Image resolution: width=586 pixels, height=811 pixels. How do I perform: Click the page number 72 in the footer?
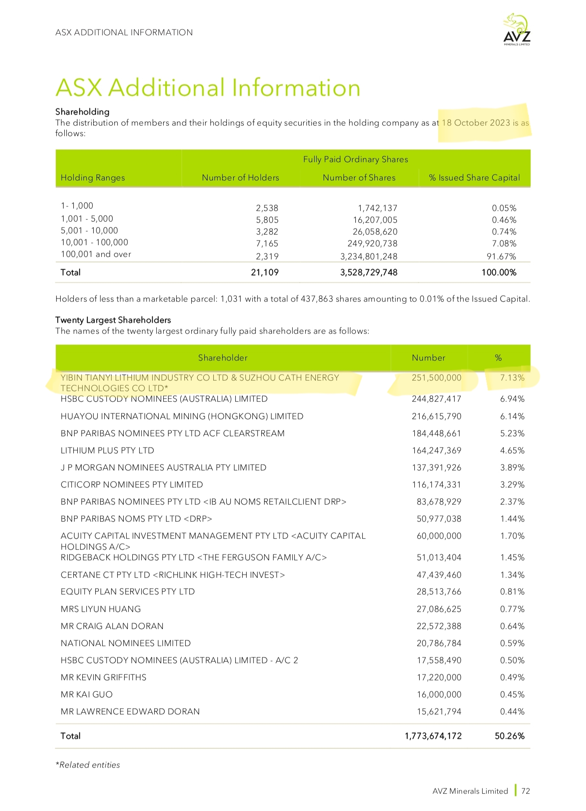click(x=525, y=791)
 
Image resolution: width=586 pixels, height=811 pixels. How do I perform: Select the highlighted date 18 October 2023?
click(x=476, y=123)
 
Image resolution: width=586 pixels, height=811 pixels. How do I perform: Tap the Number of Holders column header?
click(x=240, y=178)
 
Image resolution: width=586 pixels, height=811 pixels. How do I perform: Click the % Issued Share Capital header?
click(x=474, y=178)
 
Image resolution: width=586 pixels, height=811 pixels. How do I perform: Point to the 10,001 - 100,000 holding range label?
click(x=94, y=242)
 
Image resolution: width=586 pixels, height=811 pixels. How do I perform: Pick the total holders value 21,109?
click(x=265, y=273)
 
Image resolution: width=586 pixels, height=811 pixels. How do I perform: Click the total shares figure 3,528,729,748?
click(x=369, y=273)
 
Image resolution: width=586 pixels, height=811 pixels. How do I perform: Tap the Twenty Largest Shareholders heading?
click(x=113, y=320)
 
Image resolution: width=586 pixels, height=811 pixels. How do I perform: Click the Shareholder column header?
click(x=223, y=358)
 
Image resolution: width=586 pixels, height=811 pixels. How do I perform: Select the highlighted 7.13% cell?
click(x=512, y=378)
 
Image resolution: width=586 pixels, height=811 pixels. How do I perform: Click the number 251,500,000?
click(x=436, y=378)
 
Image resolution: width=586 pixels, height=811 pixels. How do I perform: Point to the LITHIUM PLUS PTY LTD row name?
click(x=107, y=451)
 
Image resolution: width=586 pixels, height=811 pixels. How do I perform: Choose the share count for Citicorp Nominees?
click(x=436, y=485)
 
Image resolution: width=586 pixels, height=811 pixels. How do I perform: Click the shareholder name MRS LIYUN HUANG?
click(x=101, y=609)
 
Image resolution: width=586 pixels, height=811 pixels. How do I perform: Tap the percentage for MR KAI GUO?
click(x=512, y=695)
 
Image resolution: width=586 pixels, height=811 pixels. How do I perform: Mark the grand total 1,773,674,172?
click(x=433, y=736)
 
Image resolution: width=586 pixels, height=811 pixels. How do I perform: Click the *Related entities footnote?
click(x=87, y=765)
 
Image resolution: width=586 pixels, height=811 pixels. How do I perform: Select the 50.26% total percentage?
click(x=509, y=736)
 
